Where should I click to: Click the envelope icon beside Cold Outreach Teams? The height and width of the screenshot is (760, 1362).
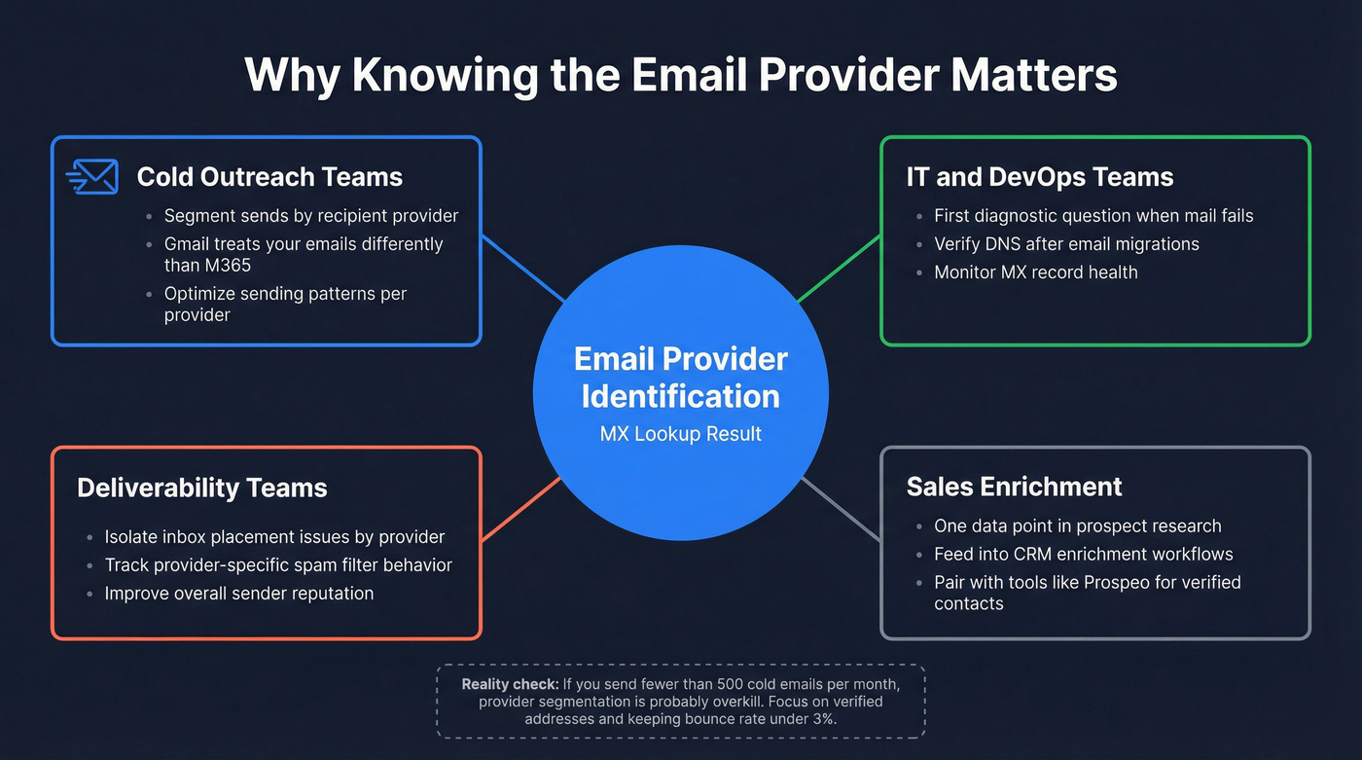pyautogui.click(x=92, y=177)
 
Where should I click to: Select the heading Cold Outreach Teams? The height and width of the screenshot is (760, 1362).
pyautogui.click(x=269, y=177)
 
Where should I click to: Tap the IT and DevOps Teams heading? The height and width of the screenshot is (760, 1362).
pyautogui.click(x=1039, y=177)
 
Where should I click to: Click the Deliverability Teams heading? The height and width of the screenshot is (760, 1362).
pyautogui.click(x=201, y=488)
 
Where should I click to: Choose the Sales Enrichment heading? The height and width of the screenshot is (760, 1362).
pyautogui.click(x=1014, y=487)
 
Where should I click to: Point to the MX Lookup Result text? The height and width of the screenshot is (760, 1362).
pyautogui.click(x=680, y=434)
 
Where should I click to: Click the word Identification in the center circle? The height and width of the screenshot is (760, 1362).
pyautogui.click(x=680, y=396)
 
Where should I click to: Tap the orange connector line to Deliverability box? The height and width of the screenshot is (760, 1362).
pyautogui.click(x=520, y=507)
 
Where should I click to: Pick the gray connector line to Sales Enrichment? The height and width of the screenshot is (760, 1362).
pyautogui.click(x=841, y=508)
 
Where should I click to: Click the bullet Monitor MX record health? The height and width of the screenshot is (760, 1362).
pyautogui.click(x=1035, y=272)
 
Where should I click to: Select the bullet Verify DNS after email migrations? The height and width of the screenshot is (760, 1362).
pyautogui.click(x=1066, y=244)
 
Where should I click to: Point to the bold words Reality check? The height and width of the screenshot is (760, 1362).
pyautogui.click(x=510, y=685)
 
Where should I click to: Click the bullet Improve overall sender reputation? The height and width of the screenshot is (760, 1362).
pyautogui.click(x=238, y=593)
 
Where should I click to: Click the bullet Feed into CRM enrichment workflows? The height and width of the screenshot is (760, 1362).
pyautogui.click(x=1083, y=555)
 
